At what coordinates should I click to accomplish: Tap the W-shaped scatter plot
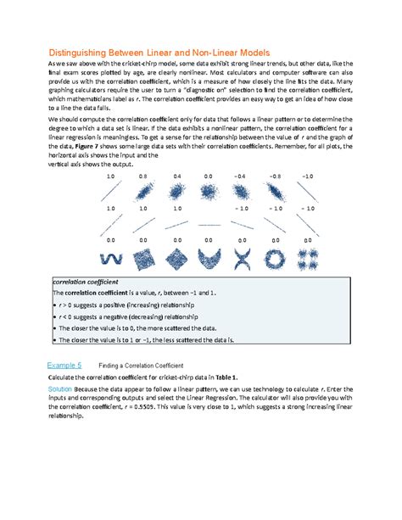[x=109, y=255]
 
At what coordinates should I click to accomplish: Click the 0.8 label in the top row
[x=142, y=176]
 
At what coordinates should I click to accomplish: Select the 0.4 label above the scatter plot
[x=176, y=176]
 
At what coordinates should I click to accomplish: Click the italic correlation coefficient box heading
[x=85, y=280]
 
